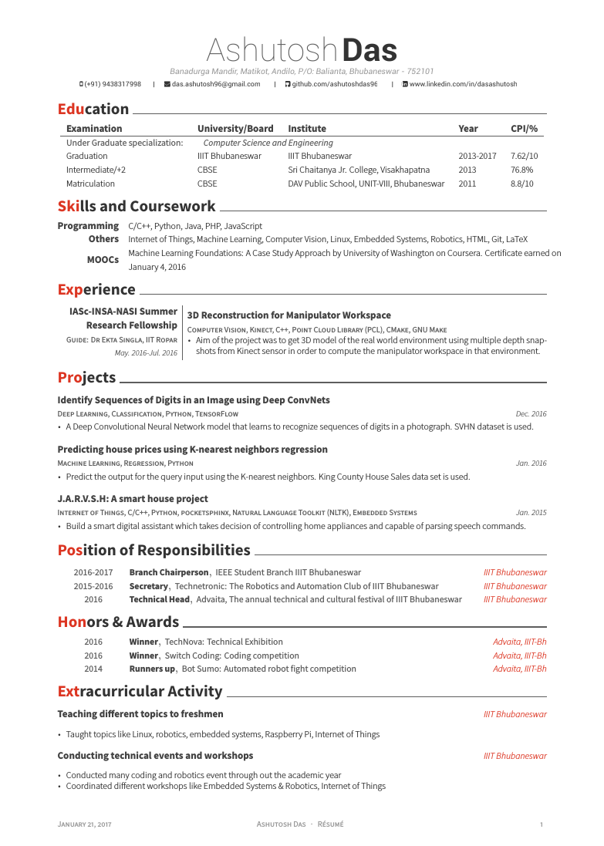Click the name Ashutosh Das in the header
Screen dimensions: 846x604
(302, 51)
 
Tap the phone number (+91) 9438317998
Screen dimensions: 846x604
(113, 84)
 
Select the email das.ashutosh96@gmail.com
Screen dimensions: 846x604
(216, 84)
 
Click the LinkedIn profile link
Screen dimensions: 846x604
(463, 84)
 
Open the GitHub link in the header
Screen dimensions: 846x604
(334, 84)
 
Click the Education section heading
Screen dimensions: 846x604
(93, 109)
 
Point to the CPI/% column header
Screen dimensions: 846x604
(524, 129)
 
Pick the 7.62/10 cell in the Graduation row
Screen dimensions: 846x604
(524, 156)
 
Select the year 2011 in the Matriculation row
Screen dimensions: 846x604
(467, 184)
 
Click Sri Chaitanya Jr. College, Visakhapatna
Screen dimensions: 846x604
(359, 170)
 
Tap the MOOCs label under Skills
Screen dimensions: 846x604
(103, 260)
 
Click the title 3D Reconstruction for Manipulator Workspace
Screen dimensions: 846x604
(289, 315)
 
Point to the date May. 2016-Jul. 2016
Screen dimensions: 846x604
(146, 353)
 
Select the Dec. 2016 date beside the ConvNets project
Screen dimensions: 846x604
(531, 414)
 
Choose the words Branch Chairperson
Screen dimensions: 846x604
(169, 572)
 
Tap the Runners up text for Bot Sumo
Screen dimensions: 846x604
(152, 669)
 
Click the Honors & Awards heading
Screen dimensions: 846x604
(118, 622)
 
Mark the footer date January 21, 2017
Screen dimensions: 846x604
(85, 824)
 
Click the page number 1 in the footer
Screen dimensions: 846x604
(542, 824)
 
